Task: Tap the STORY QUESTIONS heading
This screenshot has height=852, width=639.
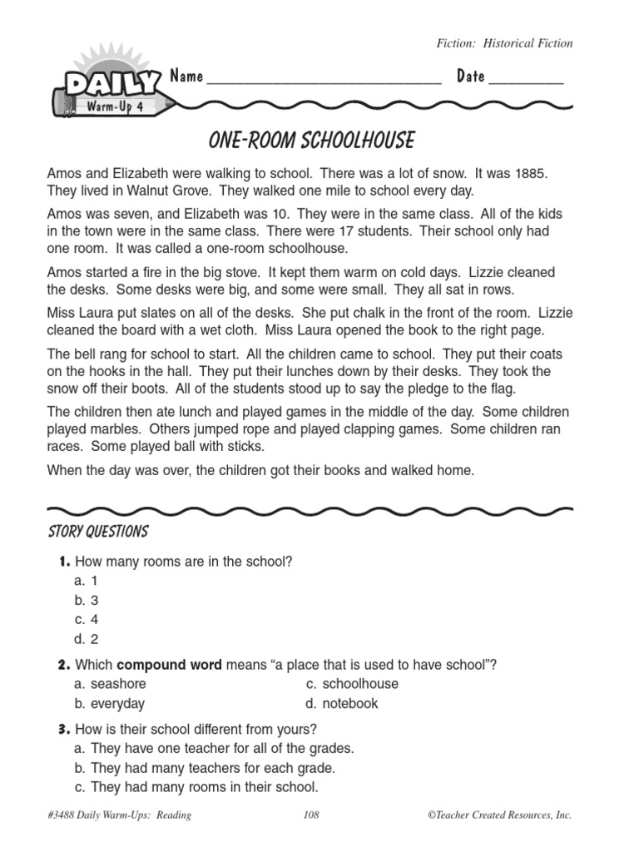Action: point(98,532)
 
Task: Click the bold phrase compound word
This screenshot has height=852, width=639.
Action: point(169,664)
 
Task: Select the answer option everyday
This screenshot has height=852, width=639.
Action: point(117,704)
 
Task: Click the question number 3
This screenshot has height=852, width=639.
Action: point(63,730)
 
